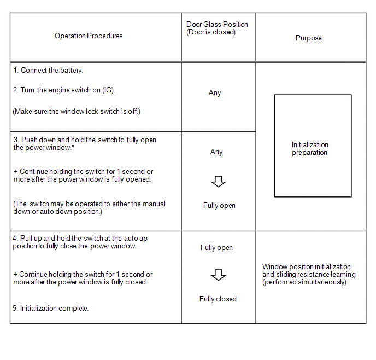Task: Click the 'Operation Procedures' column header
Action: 89,36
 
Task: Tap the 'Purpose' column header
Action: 308,38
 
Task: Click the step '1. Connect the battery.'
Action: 48,71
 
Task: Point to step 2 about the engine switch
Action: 64,90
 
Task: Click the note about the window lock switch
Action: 77,112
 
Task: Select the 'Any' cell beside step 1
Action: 215,93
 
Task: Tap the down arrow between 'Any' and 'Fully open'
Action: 219,182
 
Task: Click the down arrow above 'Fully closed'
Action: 219,275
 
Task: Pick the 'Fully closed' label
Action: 218,299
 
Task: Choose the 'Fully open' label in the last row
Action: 216,248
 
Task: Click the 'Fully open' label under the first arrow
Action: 219,206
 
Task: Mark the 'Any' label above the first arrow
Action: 216,152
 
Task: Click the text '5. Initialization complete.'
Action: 50,309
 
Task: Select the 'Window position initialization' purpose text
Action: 307,267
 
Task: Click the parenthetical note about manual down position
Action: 89,207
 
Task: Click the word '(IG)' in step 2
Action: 109,90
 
